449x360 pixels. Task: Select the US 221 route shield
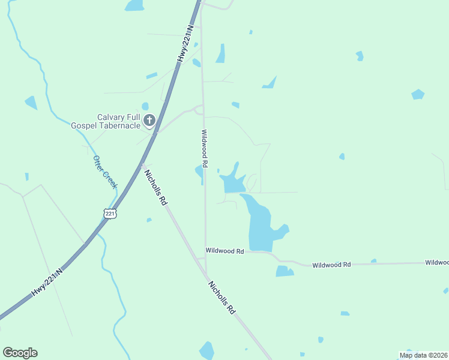click(x=109, y=213)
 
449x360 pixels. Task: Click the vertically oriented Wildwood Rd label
click(x=205, y=148)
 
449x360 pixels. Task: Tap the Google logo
click(x=20, y=353)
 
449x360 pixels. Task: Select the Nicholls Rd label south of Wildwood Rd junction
click(x=221, y=297)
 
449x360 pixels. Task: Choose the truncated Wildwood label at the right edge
click(x=436, y=262)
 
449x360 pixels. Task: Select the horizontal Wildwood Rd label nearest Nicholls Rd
click(x=224, y=251)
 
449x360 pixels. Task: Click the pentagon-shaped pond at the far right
click(x=418, y=94)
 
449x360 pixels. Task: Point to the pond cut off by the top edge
click(x=134, y=5)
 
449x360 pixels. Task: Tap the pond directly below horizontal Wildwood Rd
click(x=284, y=271)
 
